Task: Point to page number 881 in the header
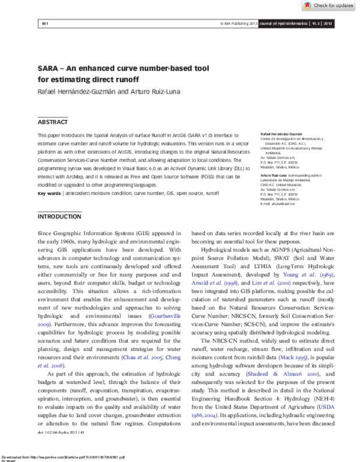(x=44, y=24)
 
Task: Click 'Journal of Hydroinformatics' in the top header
(x=282, y=24)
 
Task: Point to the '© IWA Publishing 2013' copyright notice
(x=239, y=24)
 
